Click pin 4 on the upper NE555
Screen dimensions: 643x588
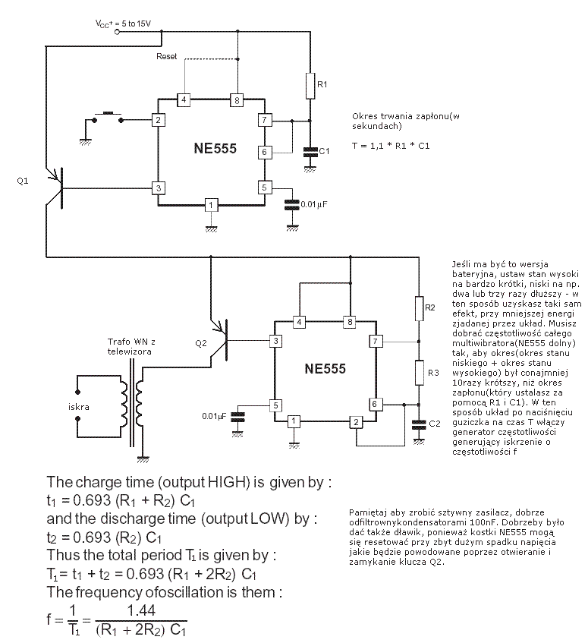coord(182,100)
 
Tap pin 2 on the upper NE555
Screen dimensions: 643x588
coord(158,120)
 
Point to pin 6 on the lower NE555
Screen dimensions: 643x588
coord(374,403)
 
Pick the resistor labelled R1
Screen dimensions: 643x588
coord(310,86)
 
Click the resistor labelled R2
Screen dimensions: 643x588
coord(418,308)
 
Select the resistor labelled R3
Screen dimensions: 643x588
coord(418,373)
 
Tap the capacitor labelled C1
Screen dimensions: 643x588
coord(310,152)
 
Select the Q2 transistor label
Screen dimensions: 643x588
coord(200,342)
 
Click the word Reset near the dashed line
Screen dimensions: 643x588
coord(166,57)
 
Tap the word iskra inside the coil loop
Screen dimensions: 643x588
coord(79,407)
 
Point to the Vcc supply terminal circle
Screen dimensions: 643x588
coord(116,32)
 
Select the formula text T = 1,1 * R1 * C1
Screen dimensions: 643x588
coord(391,145)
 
